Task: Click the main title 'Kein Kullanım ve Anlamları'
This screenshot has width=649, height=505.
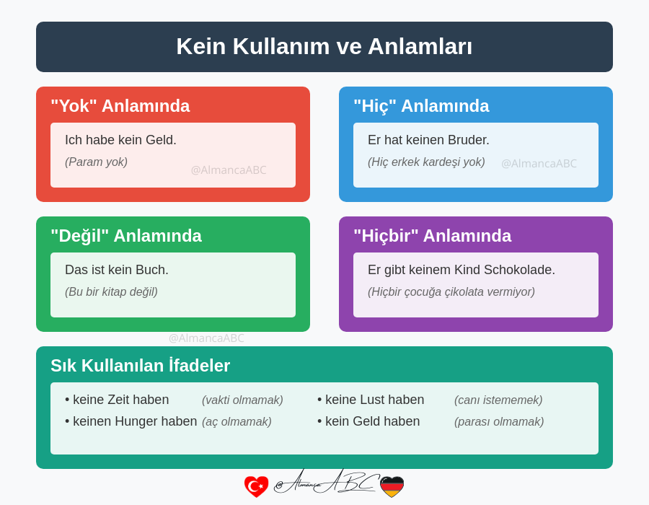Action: coord(324,47)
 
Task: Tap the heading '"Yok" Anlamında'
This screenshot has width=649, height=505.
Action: coord(120,106)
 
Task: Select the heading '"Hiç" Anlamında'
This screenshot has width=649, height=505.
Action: coord(421,106)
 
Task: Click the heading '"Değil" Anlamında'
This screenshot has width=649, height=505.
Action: coord(126,236)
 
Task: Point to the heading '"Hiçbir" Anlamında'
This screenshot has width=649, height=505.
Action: coord(432,236)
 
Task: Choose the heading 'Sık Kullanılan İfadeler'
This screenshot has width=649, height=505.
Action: coord(141,366)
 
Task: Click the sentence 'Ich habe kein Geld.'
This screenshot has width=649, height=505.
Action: coord(120,140)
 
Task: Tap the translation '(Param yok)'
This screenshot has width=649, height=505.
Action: coord(96,162)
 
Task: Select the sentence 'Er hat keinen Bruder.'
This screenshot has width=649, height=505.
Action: coord(428,140)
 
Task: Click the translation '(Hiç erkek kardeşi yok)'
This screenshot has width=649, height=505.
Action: coord(426,162)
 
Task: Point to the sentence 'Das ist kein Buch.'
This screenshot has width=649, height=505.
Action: coord(117,270)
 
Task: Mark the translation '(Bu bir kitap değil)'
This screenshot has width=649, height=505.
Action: coord(111,292)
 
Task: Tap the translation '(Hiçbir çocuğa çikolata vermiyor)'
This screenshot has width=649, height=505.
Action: coord(451,292)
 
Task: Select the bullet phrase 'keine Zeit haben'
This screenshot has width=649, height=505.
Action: coord(120,400)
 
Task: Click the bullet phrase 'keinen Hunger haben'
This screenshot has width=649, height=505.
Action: coord(134,421)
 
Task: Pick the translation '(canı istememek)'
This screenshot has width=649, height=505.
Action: coord(498,400)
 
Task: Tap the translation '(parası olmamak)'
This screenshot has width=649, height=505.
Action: coord(499,422)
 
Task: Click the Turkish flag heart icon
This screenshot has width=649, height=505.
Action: coord(256,486)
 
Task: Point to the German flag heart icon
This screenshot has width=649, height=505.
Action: coord(392,486)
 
